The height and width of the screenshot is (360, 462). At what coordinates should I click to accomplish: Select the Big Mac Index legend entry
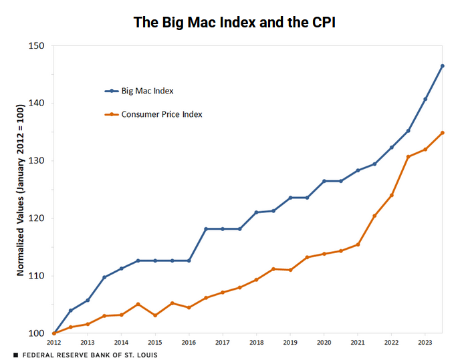point(147,91)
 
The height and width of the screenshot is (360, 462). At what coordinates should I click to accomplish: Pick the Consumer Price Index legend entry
point(161,114)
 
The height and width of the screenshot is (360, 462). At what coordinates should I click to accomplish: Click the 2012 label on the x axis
point(53,343)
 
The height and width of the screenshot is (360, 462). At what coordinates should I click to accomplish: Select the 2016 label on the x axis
point(188,343)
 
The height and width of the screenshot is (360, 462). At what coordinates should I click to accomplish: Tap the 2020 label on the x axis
point(324,343)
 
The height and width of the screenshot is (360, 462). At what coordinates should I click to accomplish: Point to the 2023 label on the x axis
point(425,343)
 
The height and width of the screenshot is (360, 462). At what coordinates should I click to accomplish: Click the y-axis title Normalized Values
point(20,190)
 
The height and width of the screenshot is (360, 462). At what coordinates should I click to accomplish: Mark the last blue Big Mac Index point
point(442,66)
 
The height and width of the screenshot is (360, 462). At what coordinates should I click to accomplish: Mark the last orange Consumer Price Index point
point(442,133)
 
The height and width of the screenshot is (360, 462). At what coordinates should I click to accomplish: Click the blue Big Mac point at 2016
point(189,260)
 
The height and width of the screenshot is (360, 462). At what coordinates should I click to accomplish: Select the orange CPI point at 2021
point(358,244)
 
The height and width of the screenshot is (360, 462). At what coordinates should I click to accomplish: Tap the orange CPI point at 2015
point(154,315)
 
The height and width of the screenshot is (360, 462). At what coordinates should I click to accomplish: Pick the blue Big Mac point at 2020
point(324,181)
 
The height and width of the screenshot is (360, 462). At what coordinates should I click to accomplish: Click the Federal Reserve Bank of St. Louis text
point(90,355)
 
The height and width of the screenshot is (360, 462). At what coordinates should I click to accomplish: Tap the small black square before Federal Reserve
point(15,355)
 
